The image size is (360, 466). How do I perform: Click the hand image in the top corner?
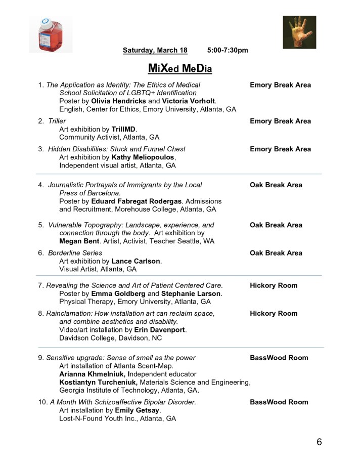pos(299,32)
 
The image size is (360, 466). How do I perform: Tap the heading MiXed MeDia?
pos(179,68)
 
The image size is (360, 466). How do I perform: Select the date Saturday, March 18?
pos(155,50)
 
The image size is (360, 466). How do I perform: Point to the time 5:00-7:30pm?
pos(228,50)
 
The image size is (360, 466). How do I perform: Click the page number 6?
pos(319,442)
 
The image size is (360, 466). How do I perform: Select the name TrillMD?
pos(124,129)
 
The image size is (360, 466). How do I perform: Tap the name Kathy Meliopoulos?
pos(143,157)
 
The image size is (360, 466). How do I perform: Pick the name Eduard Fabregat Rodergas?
pos(136,201)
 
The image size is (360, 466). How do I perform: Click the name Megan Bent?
pos(79,241)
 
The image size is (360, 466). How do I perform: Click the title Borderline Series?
pos(75,253)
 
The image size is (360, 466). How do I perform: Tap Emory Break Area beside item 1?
pos(280,85)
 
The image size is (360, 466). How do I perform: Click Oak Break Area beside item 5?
pos(276,225)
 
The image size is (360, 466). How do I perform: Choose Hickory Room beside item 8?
pos(274,314)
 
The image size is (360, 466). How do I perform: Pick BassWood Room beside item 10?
pos(279,402)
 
